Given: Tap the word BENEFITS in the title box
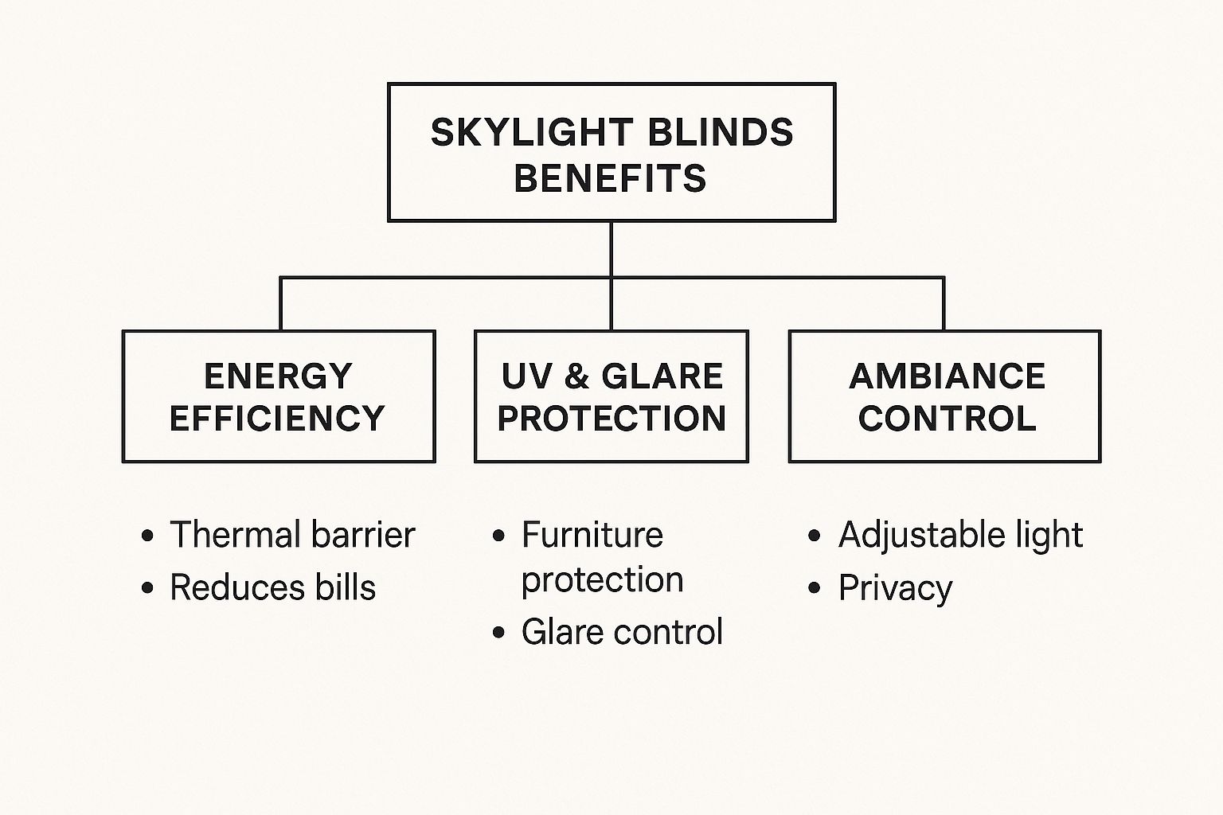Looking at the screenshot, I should click(x=611, y=178).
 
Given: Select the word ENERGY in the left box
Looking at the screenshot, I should click(x=278, y=376).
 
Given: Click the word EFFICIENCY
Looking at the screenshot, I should click(x=278, y=419).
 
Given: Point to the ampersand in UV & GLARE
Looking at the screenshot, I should click(x=576, y=376).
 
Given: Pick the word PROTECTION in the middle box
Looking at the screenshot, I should click(x=611, y=419).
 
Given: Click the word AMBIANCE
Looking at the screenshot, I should click(x=947, y=376).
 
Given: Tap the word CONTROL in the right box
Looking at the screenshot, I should click(x=947, y=419).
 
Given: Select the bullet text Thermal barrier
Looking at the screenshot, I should click(x=292, y=535).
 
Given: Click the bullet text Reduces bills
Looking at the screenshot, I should click(x=272, y=588).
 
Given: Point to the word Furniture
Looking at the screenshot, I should click(x=592, y=535).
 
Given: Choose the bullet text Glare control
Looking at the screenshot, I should click(x=622, y=633).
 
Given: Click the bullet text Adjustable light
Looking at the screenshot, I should click(x=960, y=535).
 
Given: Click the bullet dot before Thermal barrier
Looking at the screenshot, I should click(x=147, y=536).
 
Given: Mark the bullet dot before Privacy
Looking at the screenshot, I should click(x=814, y=589).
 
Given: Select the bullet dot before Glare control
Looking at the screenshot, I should click(x=499, y=634).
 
